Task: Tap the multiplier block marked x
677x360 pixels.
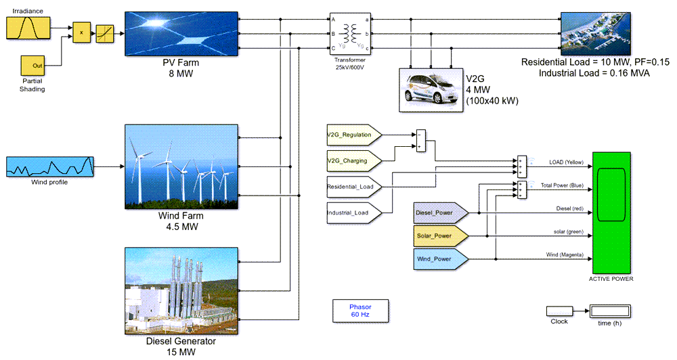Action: (x=82, y=32)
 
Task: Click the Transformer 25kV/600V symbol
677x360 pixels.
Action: (x=351, y=32)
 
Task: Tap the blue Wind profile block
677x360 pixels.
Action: (x=49, y=166)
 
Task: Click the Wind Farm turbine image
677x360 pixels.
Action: (x=181, y=166)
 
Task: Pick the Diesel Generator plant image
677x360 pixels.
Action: (x=181, y=290)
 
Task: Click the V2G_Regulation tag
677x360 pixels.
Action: (x=353, y=135)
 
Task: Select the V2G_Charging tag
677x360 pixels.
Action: (x=353, y=161)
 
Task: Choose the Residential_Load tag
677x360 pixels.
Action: (x=353, y=186)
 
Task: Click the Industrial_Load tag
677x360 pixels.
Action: (x=353, y=212)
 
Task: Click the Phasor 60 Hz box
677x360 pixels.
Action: (x=360, y=311)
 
